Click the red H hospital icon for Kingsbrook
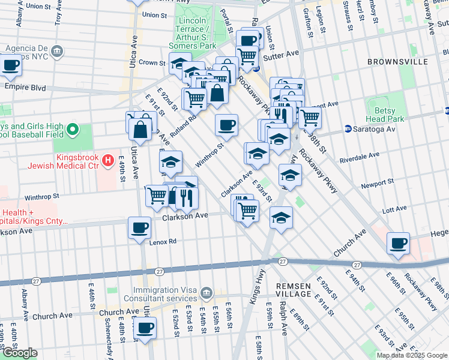coord(108,160)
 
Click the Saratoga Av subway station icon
coord(348,129)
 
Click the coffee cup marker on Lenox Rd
coord(140,228)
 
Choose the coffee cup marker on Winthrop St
coord(226,125)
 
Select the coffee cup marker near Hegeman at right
coord(399,244)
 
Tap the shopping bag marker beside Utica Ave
coord(140,129)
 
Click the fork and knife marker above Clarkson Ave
coord(186,197)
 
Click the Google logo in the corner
coord(19,353)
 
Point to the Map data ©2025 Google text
coord(412,355)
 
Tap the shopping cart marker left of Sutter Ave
coord(247,56)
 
